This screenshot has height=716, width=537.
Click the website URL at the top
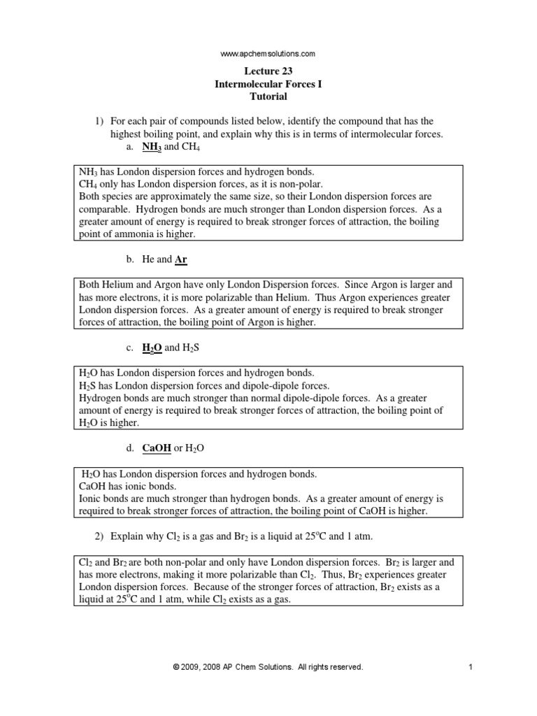pos(268,53)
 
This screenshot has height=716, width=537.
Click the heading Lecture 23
pos(268,71)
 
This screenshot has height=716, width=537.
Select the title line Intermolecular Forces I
pos(268,84)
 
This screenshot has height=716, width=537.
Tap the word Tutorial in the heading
pos(268,96)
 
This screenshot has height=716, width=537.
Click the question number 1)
pos(100,122)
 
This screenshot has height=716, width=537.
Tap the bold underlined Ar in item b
pos(180,259)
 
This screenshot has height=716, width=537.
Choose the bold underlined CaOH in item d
pos(157,448)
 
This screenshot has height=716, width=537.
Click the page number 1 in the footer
pos(471,667)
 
